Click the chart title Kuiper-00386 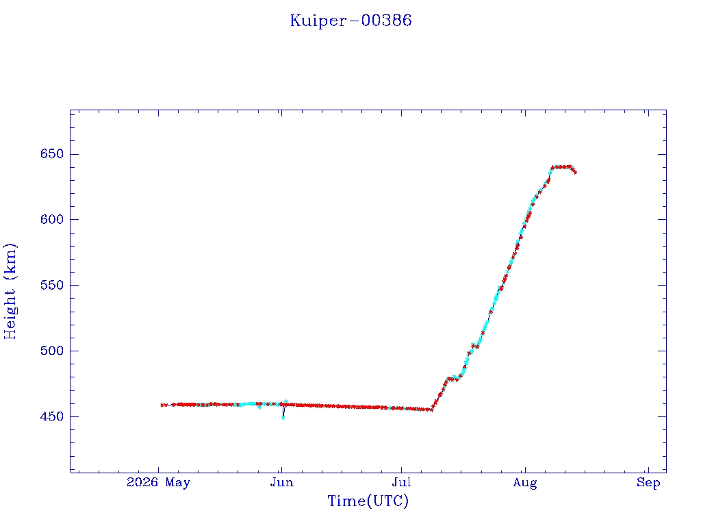click(x=350, y=21)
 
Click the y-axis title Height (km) click(x=10, y=291)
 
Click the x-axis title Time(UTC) click(x=368, y=501)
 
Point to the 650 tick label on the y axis click(x=52, y=154)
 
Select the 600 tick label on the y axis click(x=52, y=219)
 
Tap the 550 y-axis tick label click(x=52, y=285)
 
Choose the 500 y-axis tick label click(x=52, y=351)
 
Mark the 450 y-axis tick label click(x=52, y=416)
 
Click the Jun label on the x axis click(x=281, y=482)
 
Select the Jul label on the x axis click(x=401, y=482)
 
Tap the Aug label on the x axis click(x=525, y=483)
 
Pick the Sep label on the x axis click(x=648, y=483)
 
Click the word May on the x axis click(x=178, y=483)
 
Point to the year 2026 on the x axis click(x=142, y=482)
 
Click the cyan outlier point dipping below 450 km click(x=283, y=418)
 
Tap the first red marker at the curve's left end click(x=162, y=405)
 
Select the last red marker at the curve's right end click(x=575, y=172)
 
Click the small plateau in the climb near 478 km click(x=453, y=378)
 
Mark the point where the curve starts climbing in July click(x=431, y=410)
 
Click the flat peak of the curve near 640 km click(x=561, y=167)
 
